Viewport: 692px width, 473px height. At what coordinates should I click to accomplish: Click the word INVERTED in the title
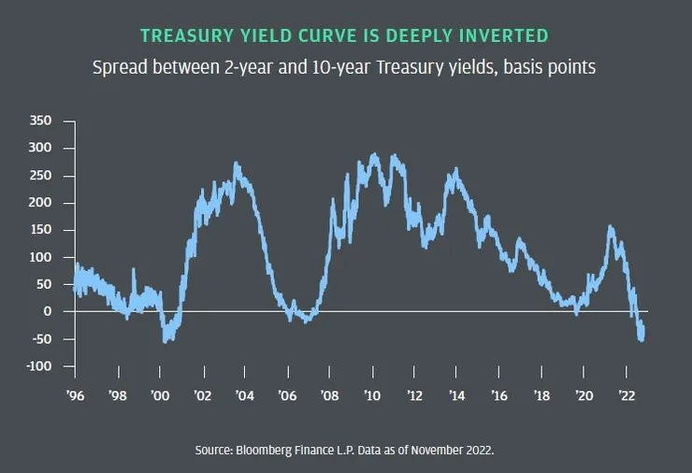coord(507,36)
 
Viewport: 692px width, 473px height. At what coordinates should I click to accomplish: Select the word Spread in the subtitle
coord(117,68)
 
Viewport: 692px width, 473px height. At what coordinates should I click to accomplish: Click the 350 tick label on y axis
coord(40,122)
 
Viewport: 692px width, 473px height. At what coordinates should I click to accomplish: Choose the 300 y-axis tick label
coord(40,149)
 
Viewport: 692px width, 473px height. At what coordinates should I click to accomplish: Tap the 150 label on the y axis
coord(40,230)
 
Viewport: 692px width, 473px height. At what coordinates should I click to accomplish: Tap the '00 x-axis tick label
coord(159,395)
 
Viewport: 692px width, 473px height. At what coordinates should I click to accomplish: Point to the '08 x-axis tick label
coord(329,395)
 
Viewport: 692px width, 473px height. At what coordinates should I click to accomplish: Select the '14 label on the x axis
coord(456,395)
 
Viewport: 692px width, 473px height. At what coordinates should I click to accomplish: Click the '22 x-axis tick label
coord(627,395)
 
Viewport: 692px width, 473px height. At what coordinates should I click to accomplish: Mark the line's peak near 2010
coord(374,154)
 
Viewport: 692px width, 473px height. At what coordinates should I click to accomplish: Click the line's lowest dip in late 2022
coord(642,340)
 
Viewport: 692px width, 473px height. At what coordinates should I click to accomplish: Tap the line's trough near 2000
coord(166,341)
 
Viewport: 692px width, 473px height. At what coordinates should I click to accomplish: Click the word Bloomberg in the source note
coord(267,451)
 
